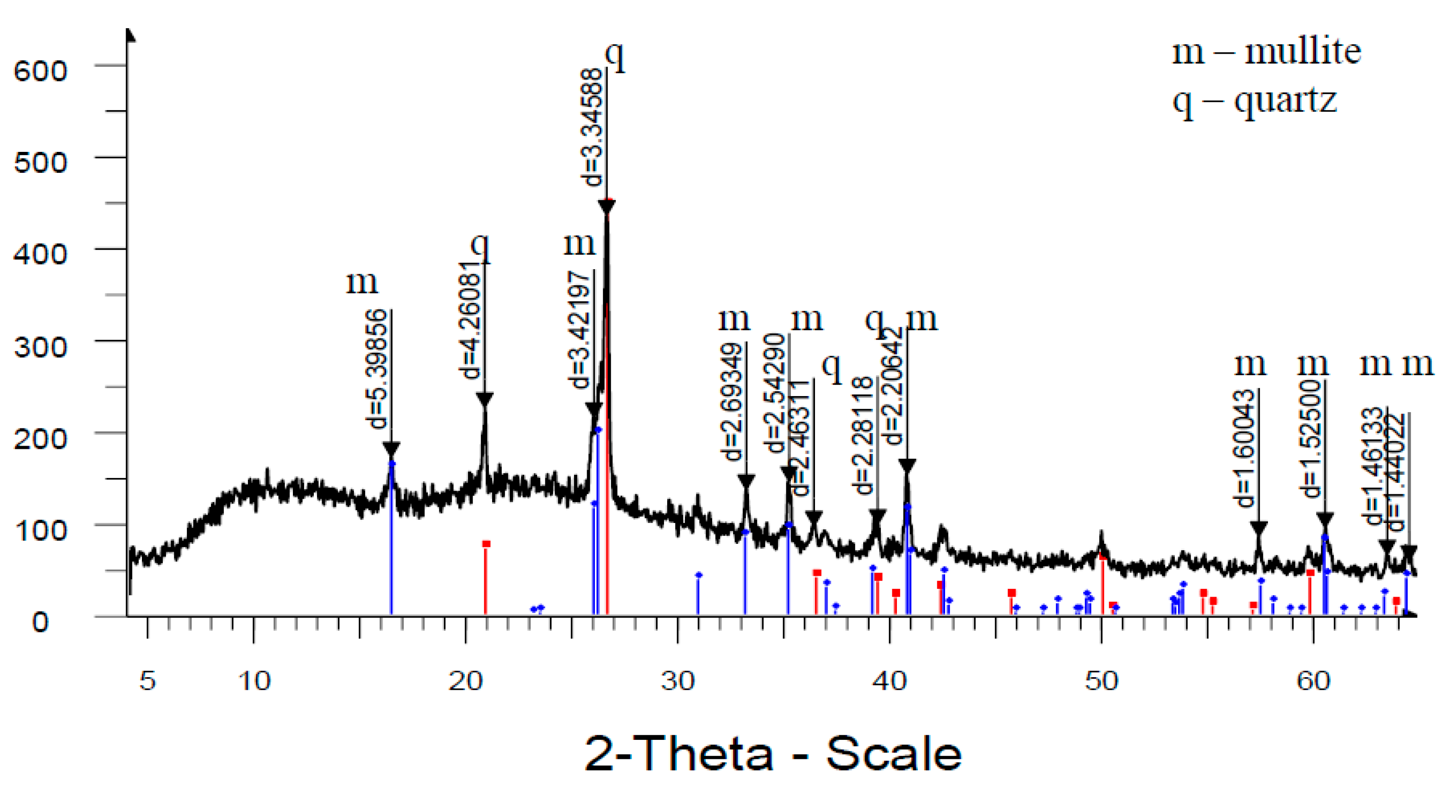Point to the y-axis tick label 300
click(40, 347)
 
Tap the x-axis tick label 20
click(465, 681)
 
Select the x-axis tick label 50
click(1102, 681)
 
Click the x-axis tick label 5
click(147, 681)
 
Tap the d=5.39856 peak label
click(377, 369)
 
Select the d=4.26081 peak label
click(470, 321)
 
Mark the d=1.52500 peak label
click(1311, 438)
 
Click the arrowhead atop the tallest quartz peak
click(607, 206)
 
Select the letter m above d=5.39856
click(362, 282)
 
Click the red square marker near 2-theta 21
click(486, 543)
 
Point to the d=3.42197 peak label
click(579, 330)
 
